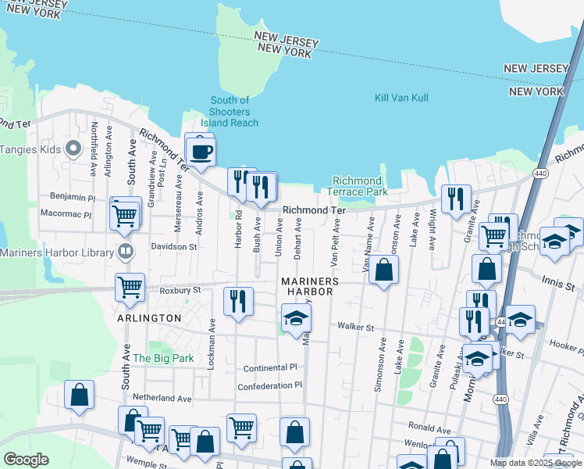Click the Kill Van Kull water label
pyautogui.click(x=401, y=98)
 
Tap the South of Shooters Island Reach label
pyautogui.click(x=230, y=112)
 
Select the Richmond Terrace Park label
pyautogui.click(x=360, y=186)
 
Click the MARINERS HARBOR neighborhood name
pyautogui.click(x=310, y=286)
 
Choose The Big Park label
pyautogui.click(x=163, y=358)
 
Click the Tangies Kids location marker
pyautogui.click(x=74, y=148)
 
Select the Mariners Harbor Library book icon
pyautogui.click(x=124, y=251)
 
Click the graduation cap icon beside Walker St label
pyautogui.click(x=296, y=318)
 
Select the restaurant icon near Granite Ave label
pyautogui.click(x=456, y=198)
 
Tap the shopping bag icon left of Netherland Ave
pyautogui.click(x=79, y=395)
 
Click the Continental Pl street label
pyautogui.click(x=270, y=367)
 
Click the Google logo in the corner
pyautogui.click(x=26, y=460)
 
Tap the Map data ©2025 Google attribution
pyautogui.click(x=536, y=463)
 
